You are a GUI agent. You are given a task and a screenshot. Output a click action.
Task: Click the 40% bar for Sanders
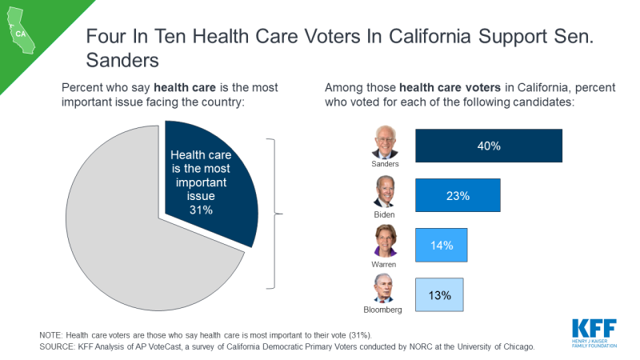489,146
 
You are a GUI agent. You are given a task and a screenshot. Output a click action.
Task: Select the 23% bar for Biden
458,195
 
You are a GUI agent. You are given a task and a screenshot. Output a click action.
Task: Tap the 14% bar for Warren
441,245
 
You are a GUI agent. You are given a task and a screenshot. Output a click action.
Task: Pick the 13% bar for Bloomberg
439,294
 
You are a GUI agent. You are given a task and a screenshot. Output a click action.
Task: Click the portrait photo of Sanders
386,142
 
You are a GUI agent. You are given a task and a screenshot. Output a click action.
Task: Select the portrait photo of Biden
386,192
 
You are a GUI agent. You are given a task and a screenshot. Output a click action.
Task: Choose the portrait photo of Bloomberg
386,289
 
